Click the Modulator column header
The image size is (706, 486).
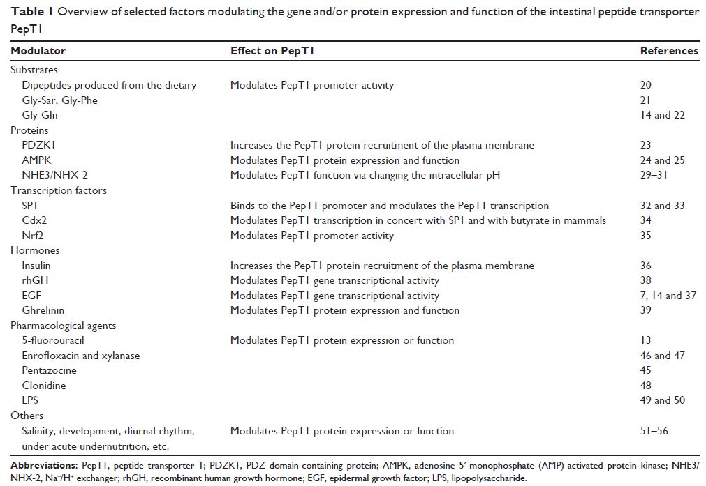pos(39,51)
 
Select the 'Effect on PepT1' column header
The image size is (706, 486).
pos(277,51)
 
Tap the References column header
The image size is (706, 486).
pos(668,51)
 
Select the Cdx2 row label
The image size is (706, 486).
pos(34,220)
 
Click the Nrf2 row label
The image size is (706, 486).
pos(33,236)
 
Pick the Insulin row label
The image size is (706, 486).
pos(36,266)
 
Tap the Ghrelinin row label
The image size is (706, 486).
pos(43,310)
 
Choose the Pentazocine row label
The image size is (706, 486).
pos(49,370)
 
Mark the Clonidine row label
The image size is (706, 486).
pos(43,385)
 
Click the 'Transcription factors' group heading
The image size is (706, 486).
pos(59,190)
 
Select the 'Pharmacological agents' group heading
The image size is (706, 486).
pos(64,326)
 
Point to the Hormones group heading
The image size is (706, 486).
pos(35,250)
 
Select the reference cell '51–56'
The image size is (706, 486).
pos(654,430)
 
